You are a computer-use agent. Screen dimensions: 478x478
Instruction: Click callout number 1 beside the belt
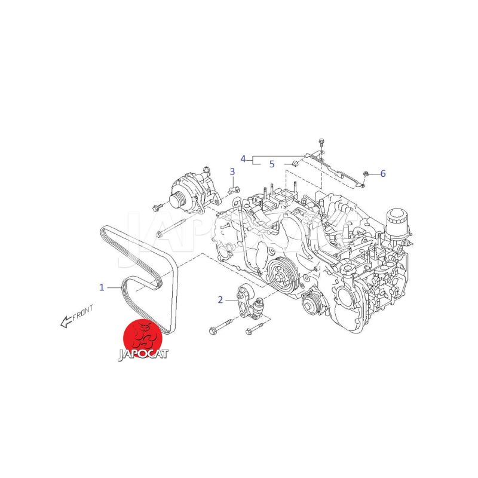(x=102, y=287)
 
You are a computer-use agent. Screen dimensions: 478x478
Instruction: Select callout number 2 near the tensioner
(x=220, y=300)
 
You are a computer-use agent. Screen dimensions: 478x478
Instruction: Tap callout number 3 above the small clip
(x=232, y=171)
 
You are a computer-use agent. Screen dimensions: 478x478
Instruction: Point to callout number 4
(x=243, y=159)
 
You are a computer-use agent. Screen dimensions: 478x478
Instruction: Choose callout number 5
(x=272, y=164)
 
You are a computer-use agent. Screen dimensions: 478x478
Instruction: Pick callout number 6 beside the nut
(x=383, y=173)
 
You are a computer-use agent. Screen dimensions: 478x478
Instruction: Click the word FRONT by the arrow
(x=82, y=312)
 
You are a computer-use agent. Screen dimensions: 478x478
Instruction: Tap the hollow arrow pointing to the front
(x=66, y=322)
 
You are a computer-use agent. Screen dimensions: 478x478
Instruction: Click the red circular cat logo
(x=142, y=337)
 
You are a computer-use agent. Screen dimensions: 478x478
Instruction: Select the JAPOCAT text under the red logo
(x=143, y=354)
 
